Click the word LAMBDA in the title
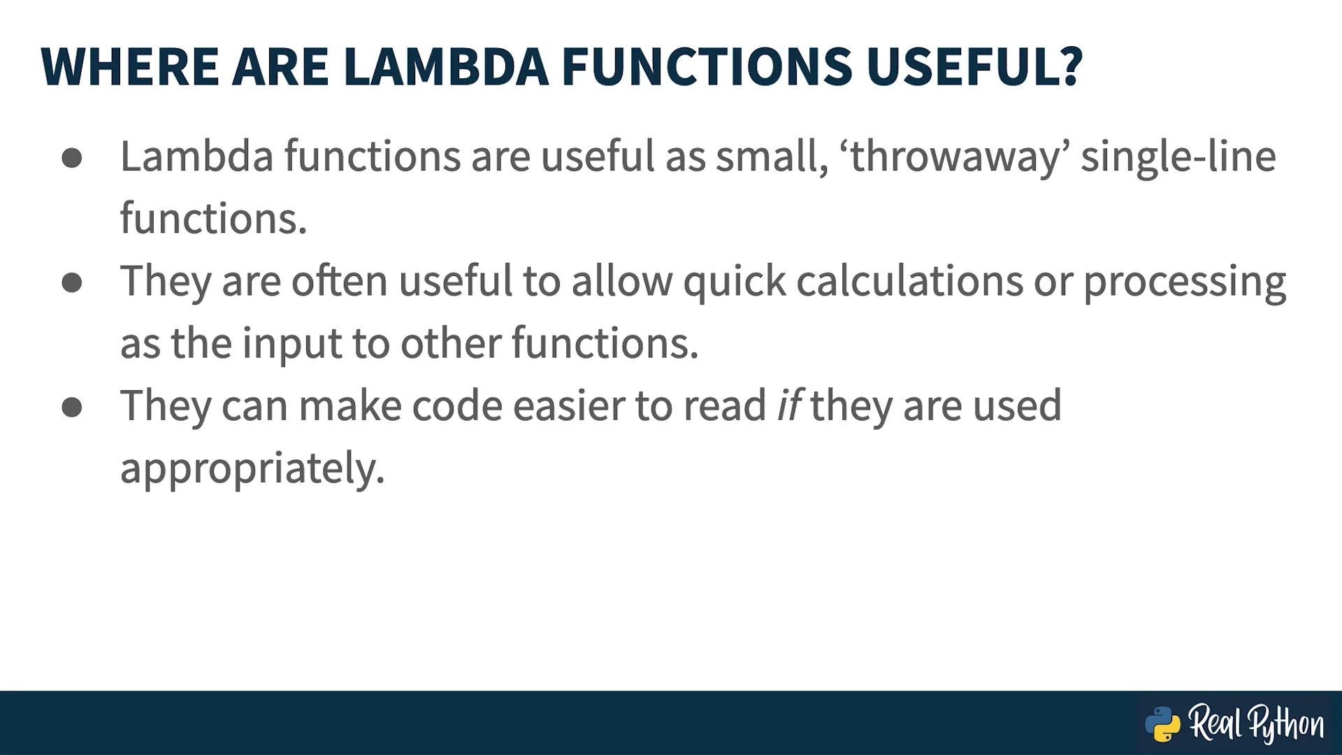click(446, 67)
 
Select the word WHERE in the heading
click(130, 67)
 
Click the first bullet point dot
click(72, 158)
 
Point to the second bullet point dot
click(72, 282)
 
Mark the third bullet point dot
click(72, 407)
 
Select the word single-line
click(1178, 157)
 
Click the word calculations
click(909, 281)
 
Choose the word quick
click(735, 282)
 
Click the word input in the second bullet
click(292, 344)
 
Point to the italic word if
click(789, 405)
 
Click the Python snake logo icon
click(1162, 724)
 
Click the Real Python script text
click(1256, 724)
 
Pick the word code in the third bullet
click(457, 405)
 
